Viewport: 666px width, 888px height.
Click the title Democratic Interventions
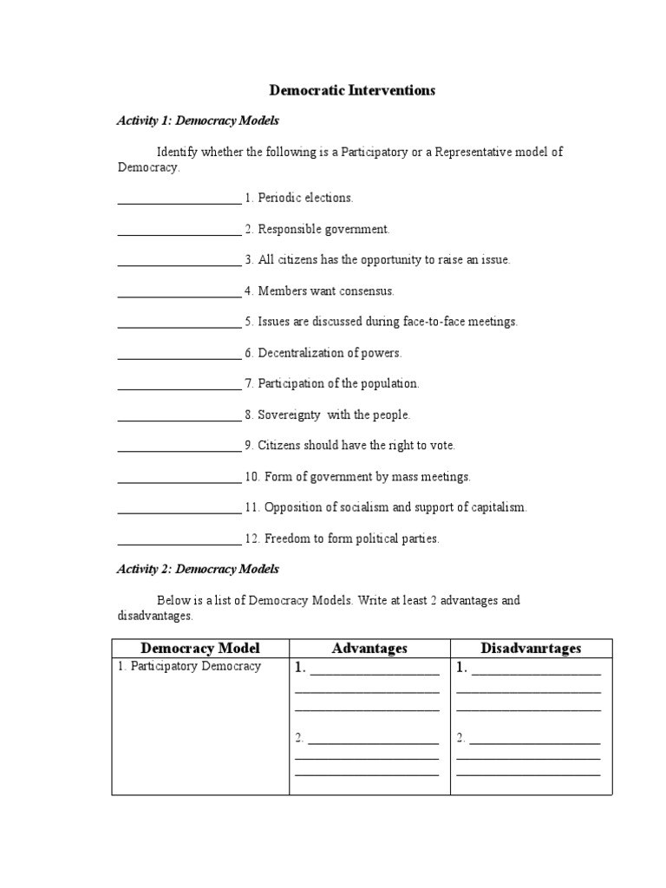pos(352,90)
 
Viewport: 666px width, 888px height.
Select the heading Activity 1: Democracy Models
pos(198,121)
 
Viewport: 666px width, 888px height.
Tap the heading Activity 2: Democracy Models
pos(198,569)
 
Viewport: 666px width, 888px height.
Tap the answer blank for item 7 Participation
pos(179,386)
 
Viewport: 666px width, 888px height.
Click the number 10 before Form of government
pos(251,477)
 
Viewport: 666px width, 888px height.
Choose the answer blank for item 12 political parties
pos(179,541)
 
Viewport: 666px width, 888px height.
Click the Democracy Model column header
pos(200,649)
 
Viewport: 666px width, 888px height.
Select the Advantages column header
pos(369,649)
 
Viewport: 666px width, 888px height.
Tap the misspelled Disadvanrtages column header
pos(531,649)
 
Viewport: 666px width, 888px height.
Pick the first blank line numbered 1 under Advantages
pos(374,670)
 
